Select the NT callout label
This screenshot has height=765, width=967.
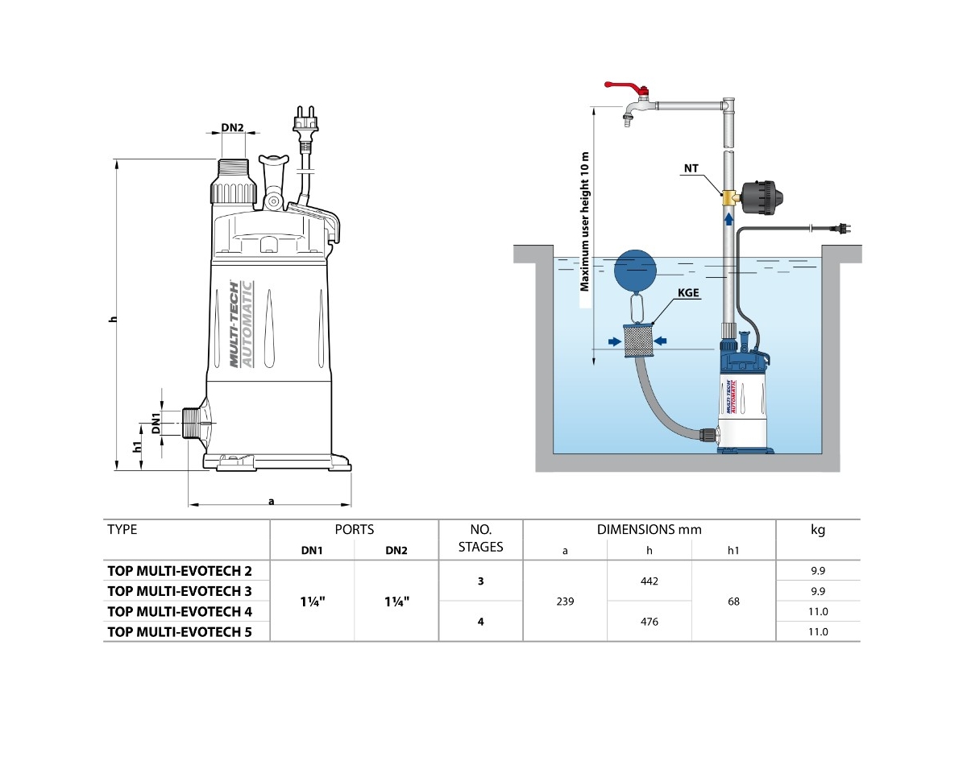[691, 168]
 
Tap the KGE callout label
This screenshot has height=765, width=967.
[689, 295]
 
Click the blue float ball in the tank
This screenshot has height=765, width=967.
[637, 268]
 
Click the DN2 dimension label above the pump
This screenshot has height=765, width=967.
[232, 127]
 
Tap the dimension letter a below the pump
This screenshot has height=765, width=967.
[272, 501]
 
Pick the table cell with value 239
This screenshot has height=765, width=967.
[565, 601]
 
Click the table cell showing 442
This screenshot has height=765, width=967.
[649, 581]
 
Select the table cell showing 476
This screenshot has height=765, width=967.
[649, 622]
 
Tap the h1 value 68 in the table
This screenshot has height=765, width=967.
[733, 601]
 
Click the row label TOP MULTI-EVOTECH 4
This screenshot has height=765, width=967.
[180, 611]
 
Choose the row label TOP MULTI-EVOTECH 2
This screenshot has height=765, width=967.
[180, 571]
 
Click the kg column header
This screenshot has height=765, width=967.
[817, 530]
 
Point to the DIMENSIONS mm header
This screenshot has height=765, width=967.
[649, 530]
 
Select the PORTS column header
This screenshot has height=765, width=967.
[355, 530]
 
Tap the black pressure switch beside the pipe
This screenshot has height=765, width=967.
[763, 196]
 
